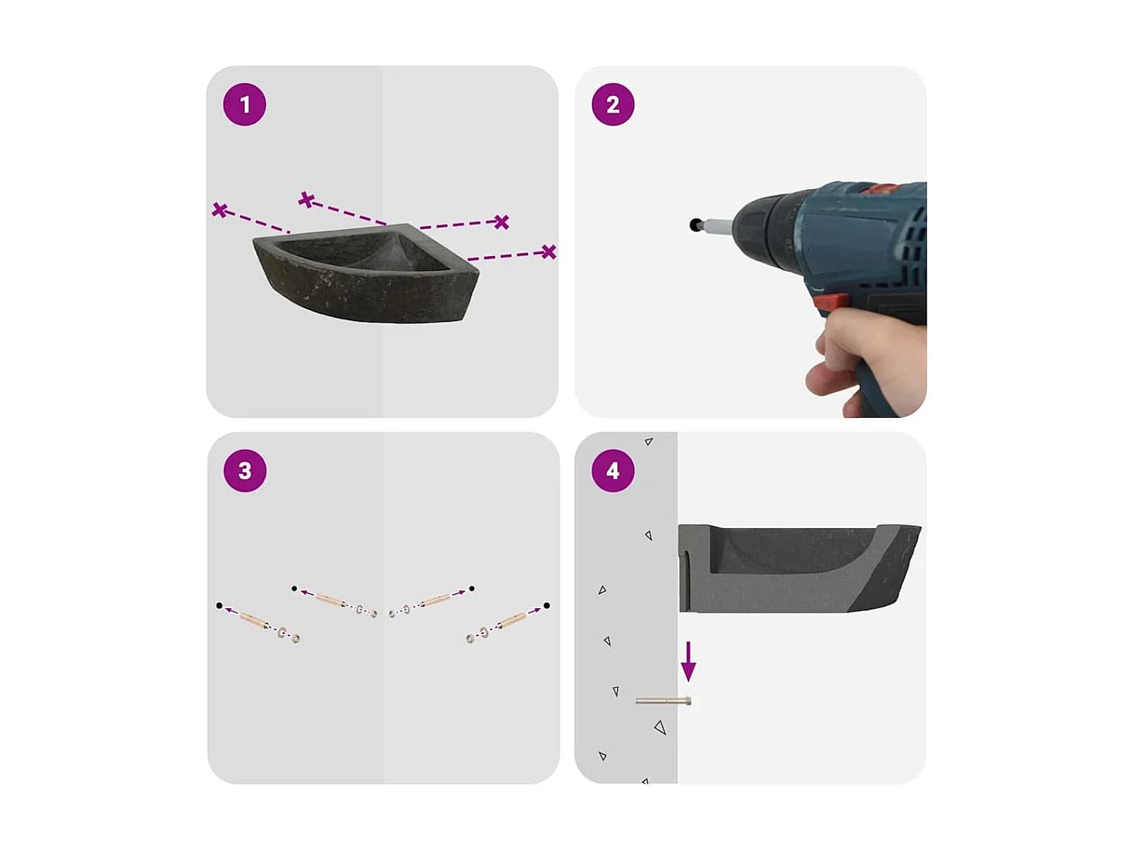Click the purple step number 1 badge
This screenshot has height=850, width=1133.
[244, 104]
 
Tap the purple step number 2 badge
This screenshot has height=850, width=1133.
[612, 104]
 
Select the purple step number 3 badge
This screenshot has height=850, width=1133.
[245, 470]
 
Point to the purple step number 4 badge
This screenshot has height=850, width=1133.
[612, 470]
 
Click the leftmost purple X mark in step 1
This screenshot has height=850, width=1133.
[220, 210]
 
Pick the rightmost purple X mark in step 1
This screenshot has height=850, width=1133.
[548, 252]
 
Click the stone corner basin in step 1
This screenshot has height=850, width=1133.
[366, 274]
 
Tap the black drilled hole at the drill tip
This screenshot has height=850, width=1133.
[695, 224]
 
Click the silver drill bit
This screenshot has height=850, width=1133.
[718, 225]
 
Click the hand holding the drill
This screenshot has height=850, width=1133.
[867, 364]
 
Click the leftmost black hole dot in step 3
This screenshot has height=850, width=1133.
[219, 605]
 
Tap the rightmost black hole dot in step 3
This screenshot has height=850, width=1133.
[547, 605]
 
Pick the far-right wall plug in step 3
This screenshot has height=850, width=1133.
[511, 621]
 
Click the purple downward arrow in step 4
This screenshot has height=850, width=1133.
[688, 662]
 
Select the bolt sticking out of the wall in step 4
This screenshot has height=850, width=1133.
[663, 701]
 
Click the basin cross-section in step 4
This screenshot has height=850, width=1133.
[799, 568]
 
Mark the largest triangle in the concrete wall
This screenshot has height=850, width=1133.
[660, 728]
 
